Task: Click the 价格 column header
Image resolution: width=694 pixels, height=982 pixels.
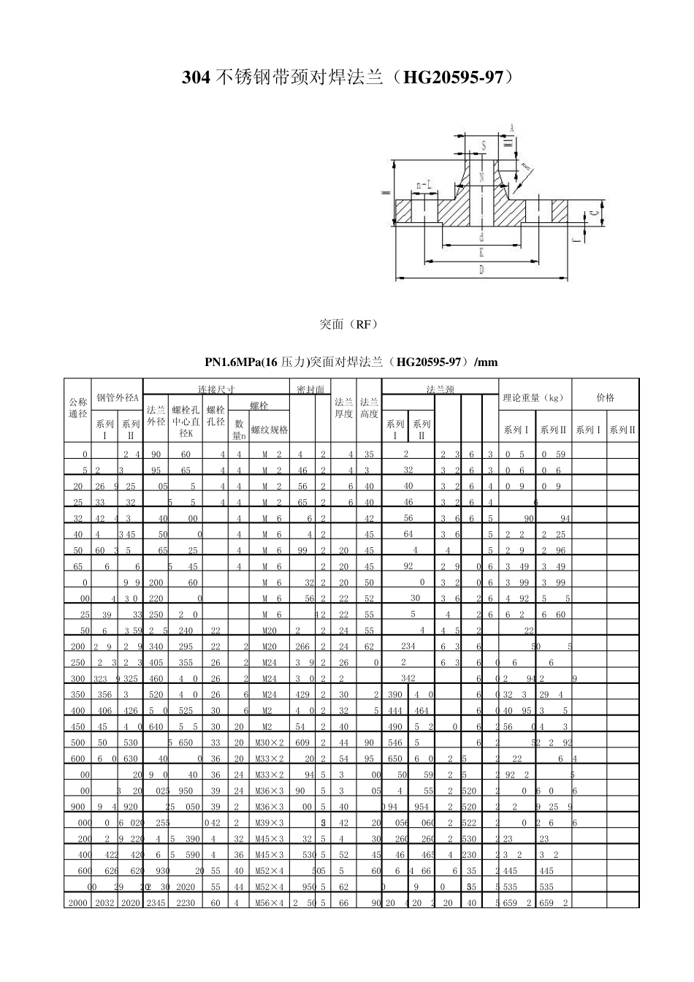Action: click(x=605, y=397)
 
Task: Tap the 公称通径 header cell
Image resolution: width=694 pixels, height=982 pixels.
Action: click(x=77, y=408)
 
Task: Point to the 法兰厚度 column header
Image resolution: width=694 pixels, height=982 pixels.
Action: click(x=343, y=408)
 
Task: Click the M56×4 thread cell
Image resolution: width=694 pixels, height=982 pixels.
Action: click(x=270, y=903)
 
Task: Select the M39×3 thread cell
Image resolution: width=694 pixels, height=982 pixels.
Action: click(x=270, y=823)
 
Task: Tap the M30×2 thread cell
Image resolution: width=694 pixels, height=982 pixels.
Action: click(x=270, y=742)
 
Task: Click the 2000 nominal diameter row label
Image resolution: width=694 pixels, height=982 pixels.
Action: click(x=77, y=903)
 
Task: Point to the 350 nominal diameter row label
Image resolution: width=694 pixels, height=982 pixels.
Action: click(x=77, y=694)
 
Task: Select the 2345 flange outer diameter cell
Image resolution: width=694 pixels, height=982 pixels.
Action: click(x=156, y=903)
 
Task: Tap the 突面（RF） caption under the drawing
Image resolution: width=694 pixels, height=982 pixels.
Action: click(x=348, y=324)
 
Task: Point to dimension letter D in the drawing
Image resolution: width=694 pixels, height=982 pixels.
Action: click(x=481, y=271)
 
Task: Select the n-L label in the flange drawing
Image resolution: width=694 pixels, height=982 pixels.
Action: click(x=424, y=186)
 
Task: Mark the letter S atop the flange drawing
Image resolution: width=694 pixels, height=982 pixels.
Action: click(x=484, y=146)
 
